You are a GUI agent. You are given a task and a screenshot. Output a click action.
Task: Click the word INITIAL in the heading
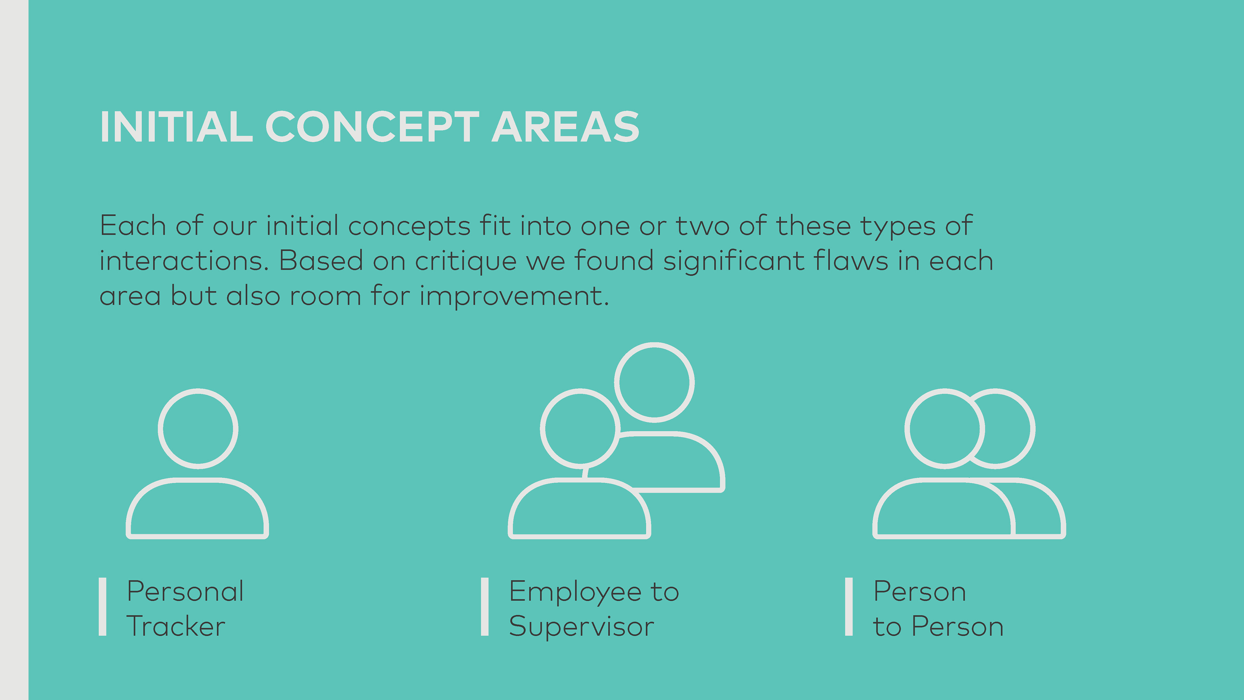tap(176, 127)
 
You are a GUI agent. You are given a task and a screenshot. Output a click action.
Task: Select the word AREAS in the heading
tap(566, 127)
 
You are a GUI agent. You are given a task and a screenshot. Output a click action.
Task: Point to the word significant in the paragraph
tap(733, 261)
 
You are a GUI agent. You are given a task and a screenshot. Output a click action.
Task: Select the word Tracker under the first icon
tap(176, 626)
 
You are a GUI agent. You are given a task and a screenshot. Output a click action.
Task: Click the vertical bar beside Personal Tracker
tap(102, 607)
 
